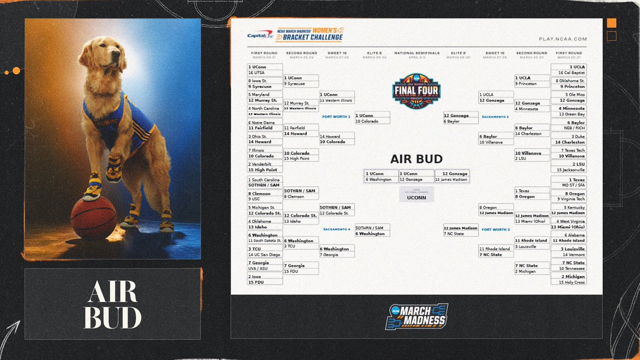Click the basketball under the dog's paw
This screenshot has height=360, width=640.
[93, 218]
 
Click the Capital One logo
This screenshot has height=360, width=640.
[260, 36]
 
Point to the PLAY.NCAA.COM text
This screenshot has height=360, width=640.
[563, 39]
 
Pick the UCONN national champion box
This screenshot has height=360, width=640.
[417, 197]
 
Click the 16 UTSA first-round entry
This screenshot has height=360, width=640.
[265, 73]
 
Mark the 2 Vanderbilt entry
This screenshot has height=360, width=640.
[265, 164]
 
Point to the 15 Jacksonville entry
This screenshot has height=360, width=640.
[570, 170]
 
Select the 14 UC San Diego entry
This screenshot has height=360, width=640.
[265, 255]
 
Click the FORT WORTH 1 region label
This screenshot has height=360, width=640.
[337, 116]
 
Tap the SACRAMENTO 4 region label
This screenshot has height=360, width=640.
[337, 229]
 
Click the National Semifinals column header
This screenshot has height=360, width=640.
[417, 53]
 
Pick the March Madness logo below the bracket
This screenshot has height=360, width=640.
[417, 316]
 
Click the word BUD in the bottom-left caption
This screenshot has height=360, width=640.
[112, 318]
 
